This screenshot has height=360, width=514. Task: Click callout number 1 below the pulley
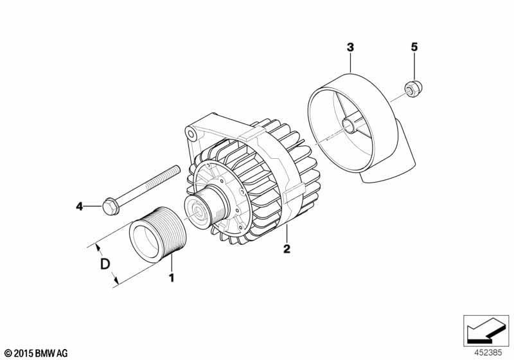point(171,278)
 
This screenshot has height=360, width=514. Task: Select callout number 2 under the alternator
point(287,249)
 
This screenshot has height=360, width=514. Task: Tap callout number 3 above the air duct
point(350,48)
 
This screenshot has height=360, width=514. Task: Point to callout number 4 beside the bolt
point(79,206)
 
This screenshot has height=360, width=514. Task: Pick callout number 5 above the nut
point(414,47)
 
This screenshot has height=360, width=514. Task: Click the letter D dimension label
point(105,264)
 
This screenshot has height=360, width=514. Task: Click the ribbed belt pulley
point(157,235)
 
